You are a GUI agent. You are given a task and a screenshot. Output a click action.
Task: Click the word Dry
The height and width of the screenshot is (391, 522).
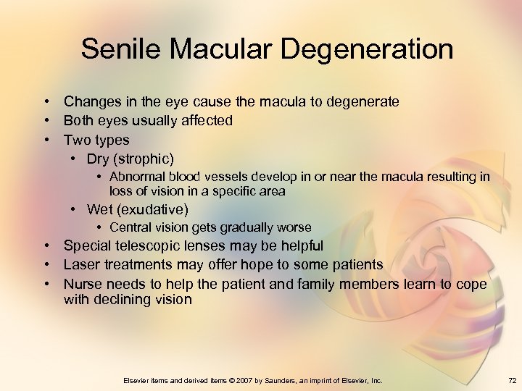click(x=99, y=159)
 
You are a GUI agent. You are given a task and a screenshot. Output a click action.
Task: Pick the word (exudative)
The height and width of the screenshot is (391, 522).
click(x=153, y=210)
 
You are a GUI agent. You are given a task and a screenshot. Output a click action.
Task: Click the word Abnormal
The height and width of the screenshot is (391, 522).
click(x=137, y=177)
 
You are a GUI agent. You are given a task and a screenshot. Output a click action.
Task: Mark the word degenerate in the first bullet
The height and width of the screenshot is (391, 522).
click(x=362, y=102)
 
